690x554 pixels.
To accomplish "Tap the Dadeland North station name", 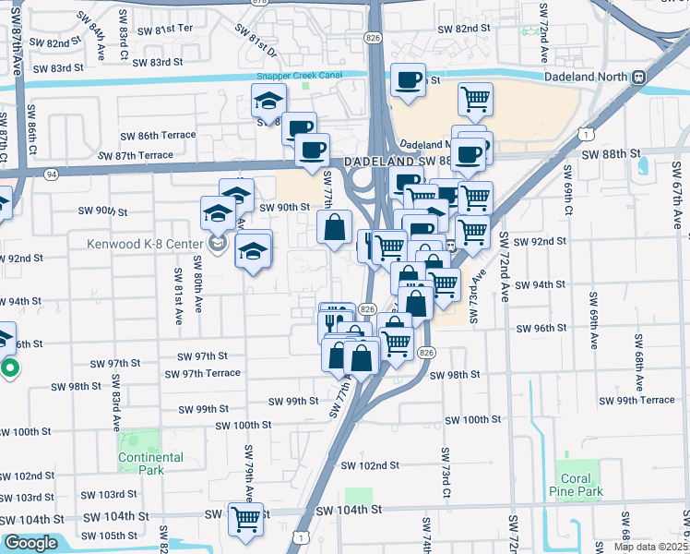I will (x=588, y=78).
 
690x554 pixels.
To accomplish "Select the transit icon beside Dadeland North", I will (x=639, y=78).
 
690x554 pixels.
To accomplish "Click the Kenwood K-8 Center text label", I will (x=139, y=245).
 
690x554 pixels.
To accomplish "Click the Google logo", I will (x=30, y=543).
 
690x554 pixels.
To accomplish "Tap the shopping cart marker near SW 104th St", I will (x=245, y=520).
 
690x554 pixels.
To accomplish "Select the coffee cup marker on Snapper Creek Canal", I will (x=408, y=79).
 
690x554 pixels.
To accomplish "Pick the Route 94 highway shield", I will (x=51, y=173).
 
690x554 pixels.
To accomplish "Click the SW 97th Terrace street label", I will (x=202, y=373).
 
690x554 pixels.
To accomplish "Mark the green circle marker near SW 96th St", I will (x=10, y=370).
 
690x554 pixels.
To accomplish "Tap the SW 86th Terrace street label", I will (x=157, y=135).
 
